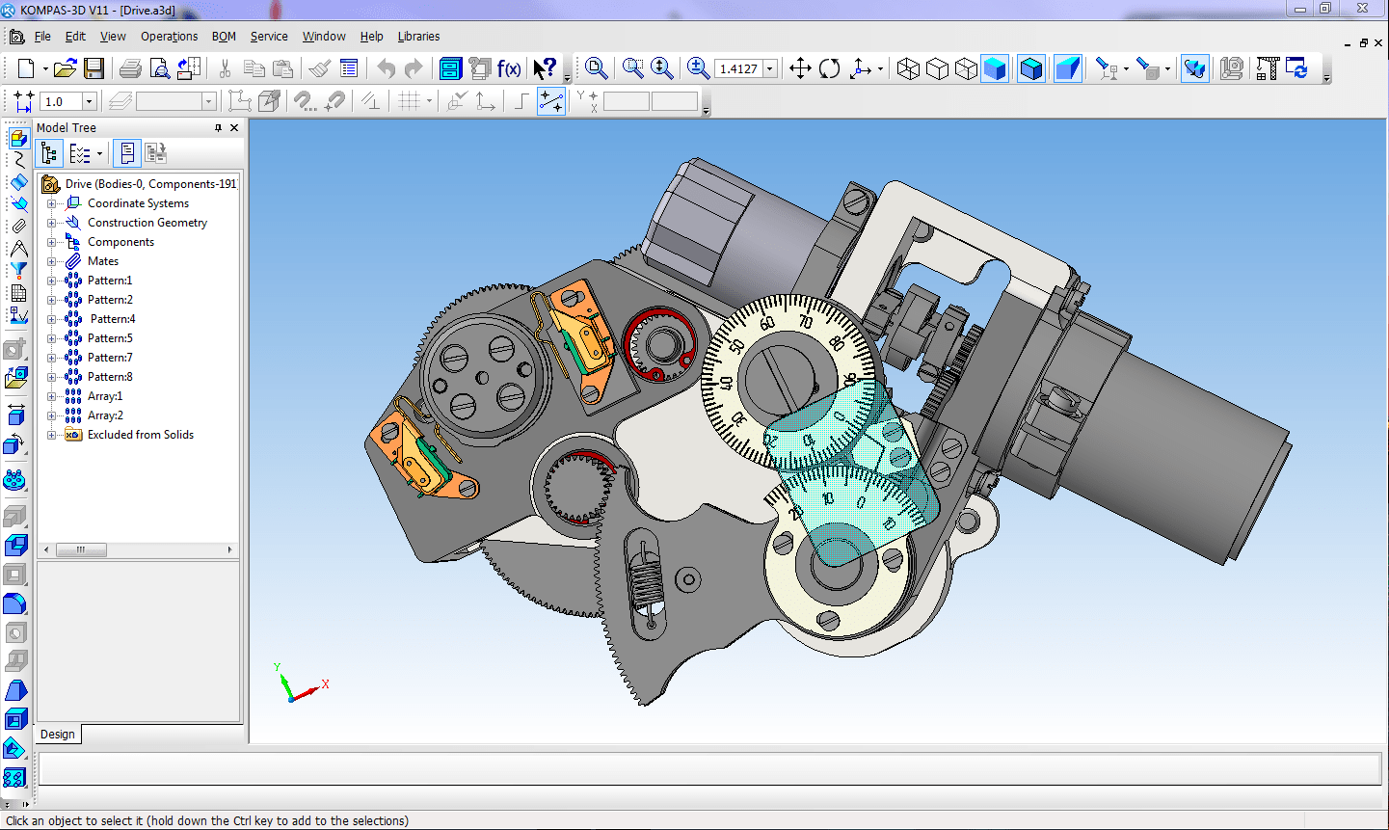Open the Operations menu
(169, 37)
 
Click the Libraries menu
(418, 37)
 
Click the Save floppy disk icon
(93, 68)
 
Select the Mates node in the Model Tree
(102, 261)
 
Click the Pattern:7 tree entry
(110, 358)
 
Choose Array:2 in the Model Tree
(105, 415)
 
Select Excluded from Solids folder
(140, 435)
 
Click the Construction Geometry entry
(147, 223)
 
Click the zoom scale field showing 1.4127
(738, 69)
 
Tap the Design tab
(58, 735)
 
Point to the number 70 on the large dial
(805, 322)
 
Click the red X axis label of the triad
(326, 684)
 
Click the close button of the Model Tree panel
(234, 128)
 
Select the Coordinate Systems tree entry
(138, 203)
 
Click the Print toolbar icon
(130, 68)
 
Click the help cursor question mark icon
(545, 68)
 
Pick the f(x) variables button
(509, 68)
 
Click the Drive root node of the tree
(149, 184)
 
